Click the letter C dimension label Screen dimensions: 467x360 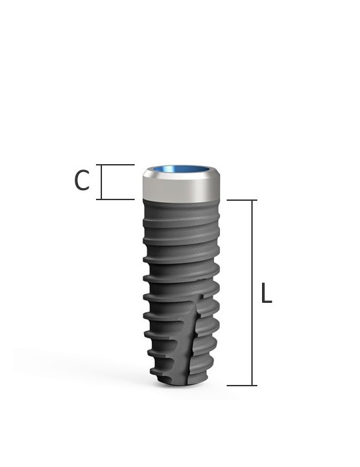81,181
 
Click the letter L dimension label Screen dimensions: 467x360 266,294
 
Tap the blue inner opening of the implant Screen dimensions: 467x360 181,170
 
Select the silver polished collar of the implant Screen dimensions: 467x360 181,189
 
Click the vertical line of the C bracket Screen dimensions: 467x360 101,181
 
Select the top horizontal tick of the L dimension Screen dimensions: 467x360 241,200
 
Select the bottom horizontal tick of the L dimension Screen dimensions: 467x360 241,385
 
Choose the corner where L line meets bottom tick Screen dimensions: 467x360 253,385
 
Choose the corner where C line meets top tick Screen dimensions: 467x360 101,165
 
